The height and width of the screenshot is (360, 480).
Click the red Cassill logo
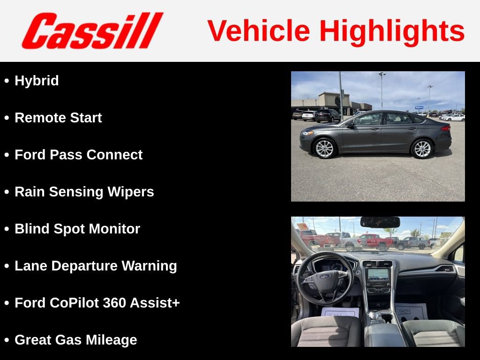click(x=92, y=31)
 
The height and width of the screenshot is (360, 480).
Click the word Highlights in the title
click(x=392, y=31)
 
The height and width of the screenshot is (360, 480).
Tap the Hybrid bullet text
click(x=37, y=81)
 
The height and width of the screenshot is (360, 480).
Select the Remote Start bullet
click(x=58, y=118)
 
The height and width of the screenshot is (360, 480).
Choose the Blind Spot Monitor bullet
click(x=77, y=229)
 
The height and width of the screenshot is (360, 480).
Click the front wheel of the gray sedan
click(x=324, y=148)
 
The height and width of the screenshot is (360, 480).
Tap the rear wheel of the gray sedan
click(x=422, y=148)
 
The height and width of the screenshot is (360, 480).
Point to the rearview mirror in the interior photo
click(x=380, y=222)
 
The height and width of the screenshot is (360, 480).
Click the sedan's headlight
click(x=307, y=133)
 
